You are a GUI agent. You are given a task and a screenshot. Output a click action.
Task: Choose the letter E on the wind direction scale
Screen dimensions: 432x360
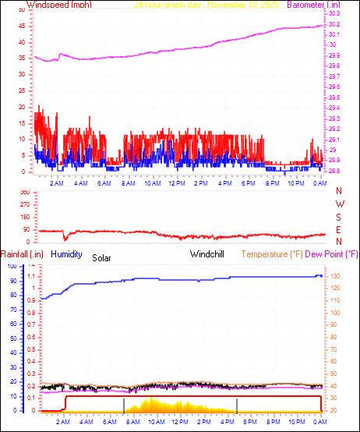[339, 229]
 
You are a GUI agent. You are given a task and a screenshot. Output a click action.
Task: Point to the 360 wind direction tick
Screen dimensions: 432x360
[24, 192]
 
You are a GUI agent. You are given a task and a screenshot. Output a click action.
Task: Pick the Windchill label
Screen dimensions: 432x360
[208, 254]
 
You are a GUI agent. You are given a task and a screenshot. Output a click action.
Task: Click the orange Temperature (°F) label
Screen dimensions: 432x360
[272, 254]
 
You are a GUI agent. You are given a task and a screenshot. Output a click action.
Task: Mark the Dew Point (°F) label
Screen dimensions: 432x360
[332, 254]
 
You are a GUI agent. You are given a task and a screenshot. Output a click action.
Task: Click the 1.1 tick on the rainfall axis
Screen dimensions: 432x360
[33, 277]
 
